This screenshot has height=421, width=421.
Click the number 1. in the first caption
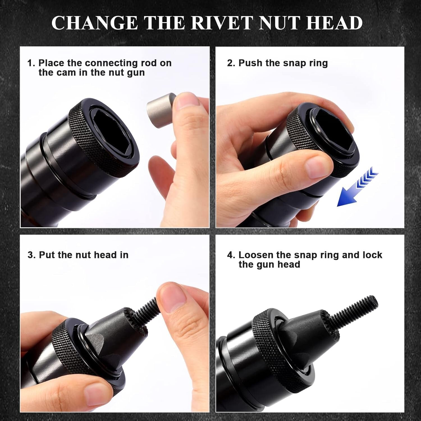point(31,63)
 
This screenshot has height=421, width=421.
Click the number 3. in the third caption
point(31,255)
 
